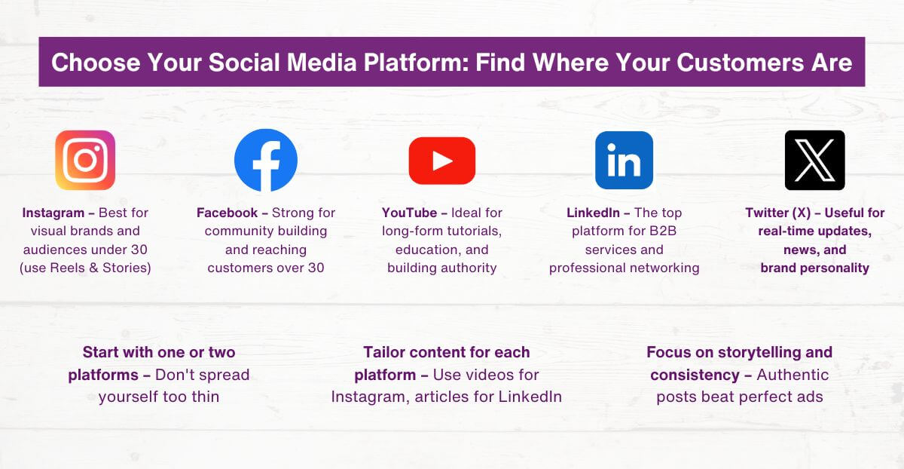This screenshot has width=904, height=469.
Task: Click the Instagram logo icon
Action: coord(85,161)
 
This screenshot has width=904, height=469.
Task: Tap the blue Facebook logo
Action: coord(266,161)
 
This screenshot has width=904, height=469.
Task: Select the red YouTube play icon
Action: coord(442,161)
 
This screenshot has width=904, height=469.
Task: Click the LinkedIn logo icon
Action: coord(624,161)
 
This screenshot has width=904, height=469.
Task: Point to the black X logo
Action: coord(814,161)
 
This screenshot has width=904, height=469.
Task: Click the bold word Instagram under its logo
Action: coord(53,213)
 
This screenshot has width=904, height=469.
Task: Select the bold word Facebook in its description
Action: coord(227,213)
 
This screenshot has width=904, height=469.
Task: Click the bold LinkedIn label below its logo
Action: coord(594,213)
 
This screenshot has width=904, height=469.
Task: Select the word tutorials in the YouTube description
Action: coord(470,231)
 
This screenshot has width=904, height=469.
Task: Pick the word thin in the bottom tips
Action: coord(205,397)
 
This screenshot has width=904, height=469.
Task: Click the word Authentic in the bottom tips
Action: coord(793,375)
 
